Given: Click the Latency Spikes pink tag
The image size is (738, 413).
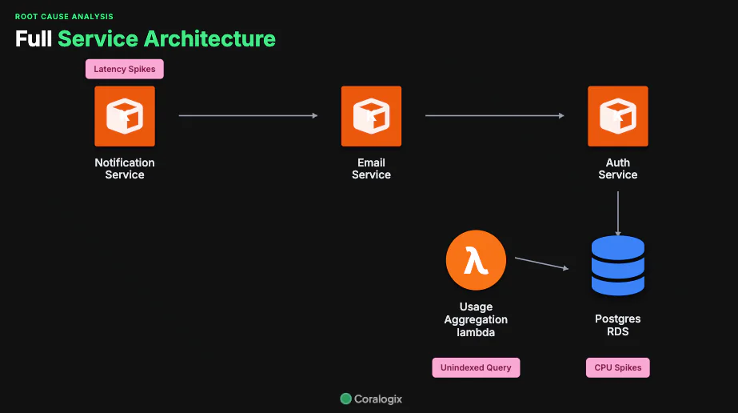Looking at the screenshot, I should coord(125,70).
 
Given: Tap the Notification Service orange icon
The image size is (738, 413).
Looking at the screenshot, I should coord(125,116).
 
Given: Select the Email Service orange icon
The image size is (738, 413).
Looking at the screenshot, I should coord(371,116).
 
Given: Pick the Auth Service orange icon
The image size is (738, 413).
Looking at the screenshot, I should coord(617,116).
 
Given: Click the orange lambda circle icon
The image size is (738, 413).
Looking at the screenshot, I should coord(476,260).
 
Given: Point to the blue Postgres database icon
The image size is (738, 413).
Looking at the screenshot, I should coord(617,266).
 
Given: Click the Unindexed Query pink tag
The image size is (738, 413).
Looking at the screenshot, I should coord(476,367).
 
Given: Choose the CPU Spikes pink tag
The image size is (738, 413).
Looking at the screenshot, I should coord(617,367).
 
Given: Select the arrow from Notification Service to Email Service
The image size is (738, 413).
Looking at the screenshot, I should coord(248,116).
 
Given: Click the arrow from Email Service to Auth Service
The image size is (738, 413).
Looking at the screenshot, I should coord(494,116).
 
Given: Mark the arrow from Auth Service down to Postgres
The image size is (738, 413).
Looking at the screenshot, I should coord(617,213).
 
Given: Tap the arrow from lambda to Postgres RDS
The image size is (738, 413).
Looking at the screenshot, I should coord(541,263).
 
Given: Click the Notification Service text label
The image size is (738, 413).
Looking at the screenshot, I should coord(125,169).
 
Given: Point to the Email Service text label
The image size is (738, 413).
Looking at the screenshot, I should coord(371,169).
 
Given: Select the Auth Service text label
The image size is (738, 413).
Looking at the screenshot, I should coord(617,169).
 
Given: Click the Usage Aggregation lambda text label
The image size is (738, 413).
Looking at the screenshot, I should coord(476,319).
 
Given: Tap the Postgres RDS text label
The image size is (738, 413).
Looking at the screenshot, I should coord(617,325).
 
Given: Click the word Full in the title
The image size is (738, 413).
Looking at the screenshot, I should coord(33,38).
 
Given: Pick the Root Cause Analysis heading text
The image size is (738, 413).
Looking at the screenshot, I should coord(64,16).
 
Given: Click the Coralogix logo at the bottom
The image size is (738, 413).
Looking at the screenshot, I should coord(370,399).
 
